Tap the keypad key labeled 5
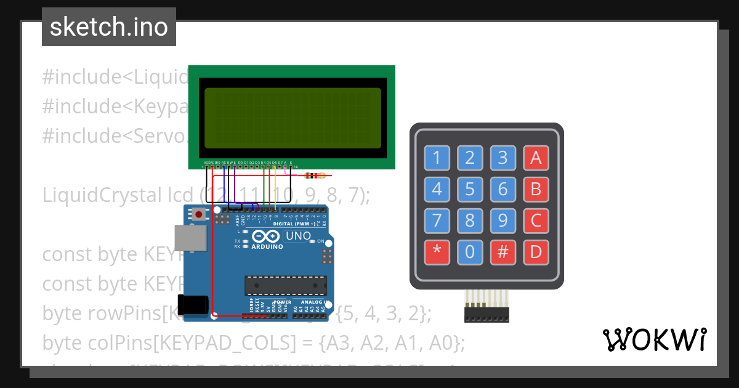click(470, 188)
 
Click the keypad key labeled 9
click(503, 220)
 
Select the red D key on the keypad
click(535, 251)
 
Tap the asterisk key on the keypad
click(437, 251)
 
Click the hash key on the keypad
click(503, 251)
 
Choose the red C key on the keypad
click(535, 220)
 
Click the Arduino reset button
click(199, 214)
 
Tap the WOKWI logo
click(655, 339)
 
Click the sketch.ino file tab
click(109, 27)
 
